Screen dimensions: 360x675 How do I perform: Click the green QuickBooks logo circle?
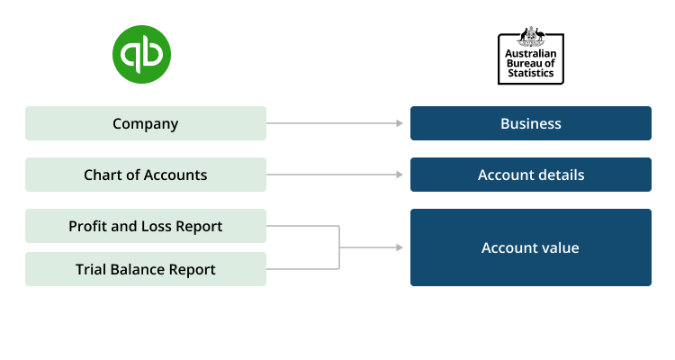(x=141, y=54)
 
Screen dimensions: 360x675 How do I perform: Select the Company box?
(x=146, y=123)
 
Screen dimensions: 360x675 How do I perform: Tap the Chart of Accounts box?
(x=146, y=175)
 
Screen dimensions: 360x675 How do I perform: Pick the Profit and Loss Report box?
(x=146, y=226)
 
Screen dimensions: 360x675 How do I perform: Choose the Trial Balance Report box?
(x=146, y=269)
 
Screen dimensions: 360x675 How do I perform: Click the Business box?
(x=530, y=123)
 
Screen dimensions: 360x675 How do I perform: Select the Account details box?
(x=530, y=175)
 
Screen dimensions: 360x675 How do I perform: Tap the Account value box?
(x=530, y=247)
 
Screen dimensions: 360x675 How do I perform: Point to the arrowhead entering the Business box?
(x=399, y=123)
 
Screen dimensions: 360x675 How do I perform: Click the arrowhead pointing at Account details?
(x=399, y=175)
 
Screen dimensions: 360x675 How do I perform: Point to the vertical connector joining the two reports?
(x=339, y=247)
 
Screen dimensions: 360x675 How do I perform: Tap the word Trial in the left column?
(x=92, y=269)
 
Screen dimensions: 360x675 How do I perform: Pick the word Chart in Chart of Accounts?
(x=103, y=175)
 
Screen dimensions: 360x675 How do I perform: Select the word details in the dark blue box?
(x=559, y=175)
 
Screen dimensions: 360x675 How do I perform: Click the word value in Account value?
(x=560, y=247)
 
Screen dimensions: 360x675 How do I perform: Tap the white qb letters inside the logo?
(x=141, y=55)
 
